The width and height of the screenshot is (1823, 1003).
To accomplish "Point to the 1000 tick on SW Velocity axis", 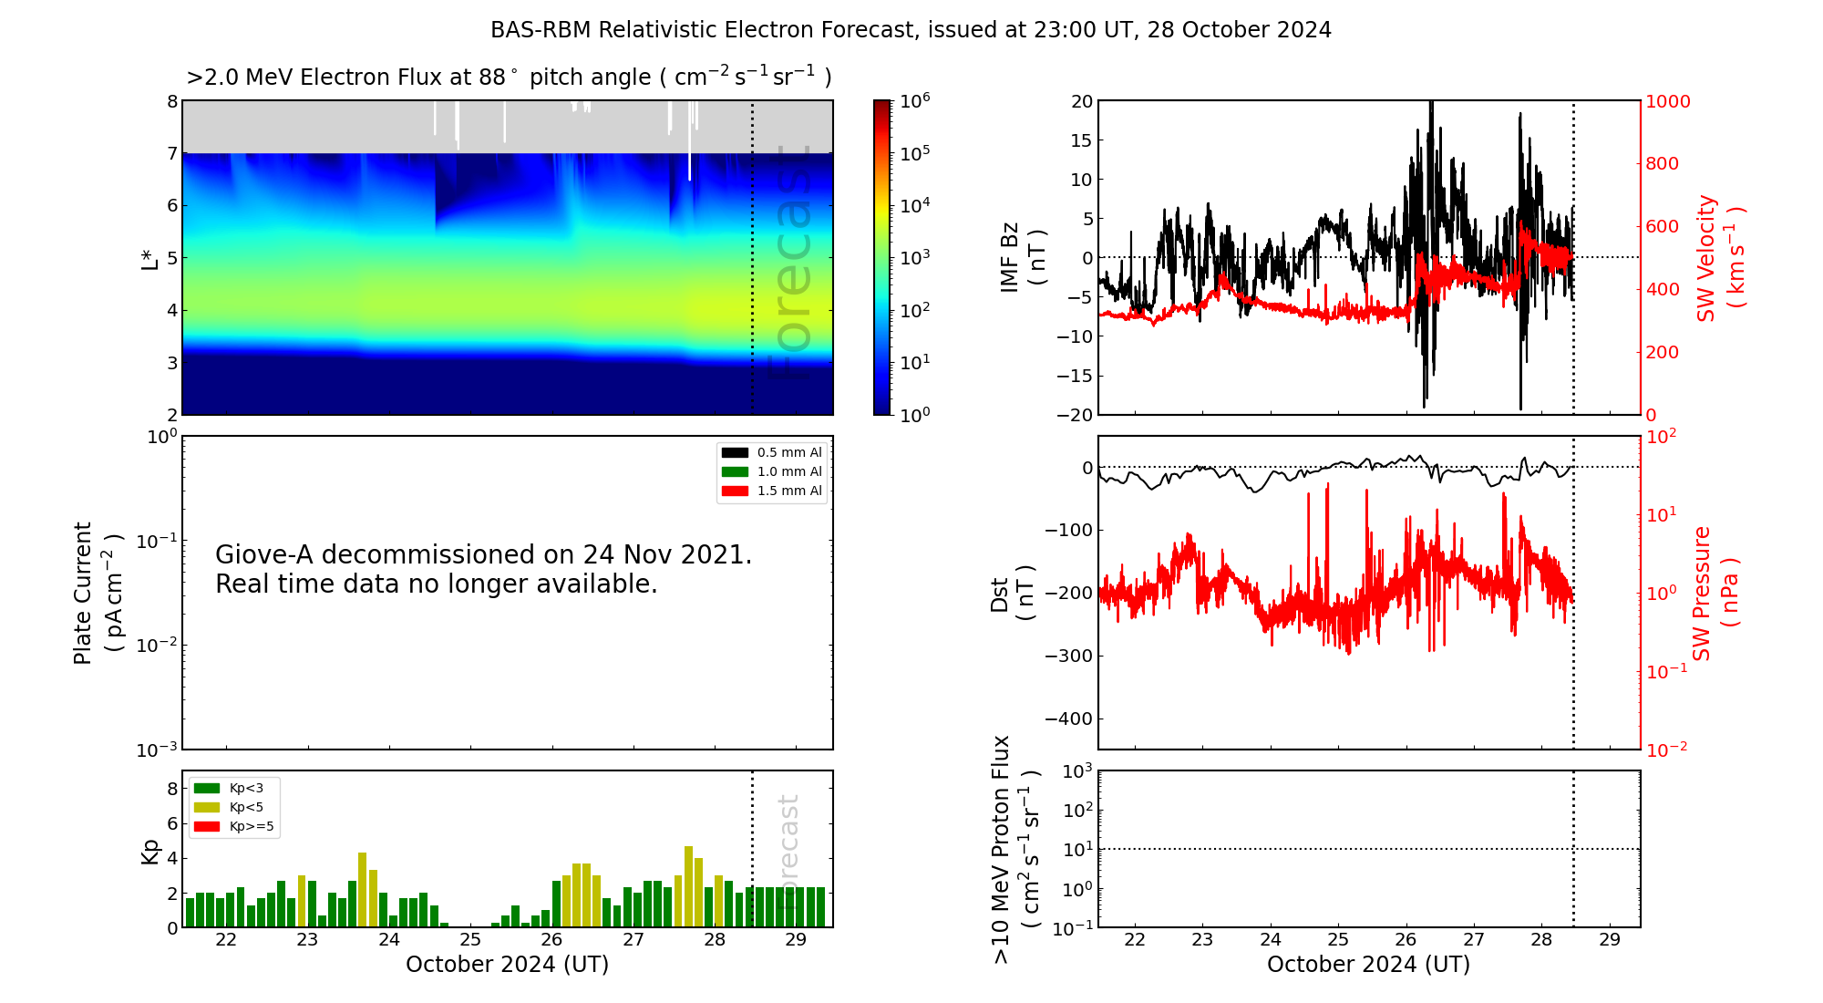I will point(1667,101).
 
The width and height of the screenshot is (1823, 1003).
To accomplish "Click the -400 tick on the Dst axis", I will point(1068,719).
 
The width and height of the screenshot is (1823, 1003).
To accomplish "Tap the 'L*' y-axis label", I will point(150,258).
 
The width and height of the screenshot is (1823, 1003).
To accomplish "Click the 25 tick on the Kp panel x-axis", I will point(470,940).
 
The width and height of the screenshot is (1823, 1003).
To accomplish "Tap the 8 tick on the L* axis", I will point(172,101).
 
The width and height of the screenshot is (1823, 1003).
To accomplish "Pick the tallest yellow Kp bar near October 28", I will point(689,886).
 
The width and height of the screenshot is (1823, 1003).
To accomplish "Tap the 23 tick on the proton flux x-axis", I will point(1202,940).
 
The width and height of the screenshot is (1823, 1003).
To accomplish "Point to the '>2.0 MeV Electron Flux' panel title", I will point(509,78).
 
